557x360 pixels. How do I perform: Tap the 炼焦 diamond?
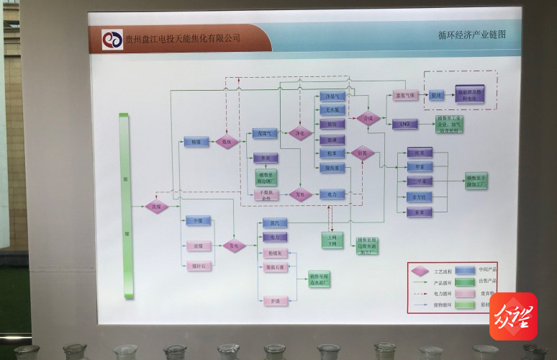tap(227, 143)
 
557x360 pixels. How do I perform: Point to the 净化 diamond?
tap(300, 133)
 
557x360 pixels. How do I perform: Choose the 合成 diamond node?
tap(368, 118)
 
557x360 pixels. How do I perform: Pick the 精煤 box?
tap(196, 143)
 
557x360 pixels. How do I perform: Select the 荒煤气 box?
tap(263, 133)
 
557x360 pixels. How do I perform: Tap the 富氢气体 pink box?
tap(405, 95)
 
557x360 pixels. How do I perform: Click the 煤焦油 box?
tap(332, 167)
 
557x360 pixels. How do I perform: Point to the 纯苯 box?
tap(416, 153)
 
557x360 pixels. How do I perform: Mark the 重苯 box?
tap(417, 212)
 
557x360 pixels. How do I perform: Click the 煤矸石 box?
tap(197, 266)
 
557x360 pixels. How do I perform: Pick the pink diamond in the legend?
tap(420, 271)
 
